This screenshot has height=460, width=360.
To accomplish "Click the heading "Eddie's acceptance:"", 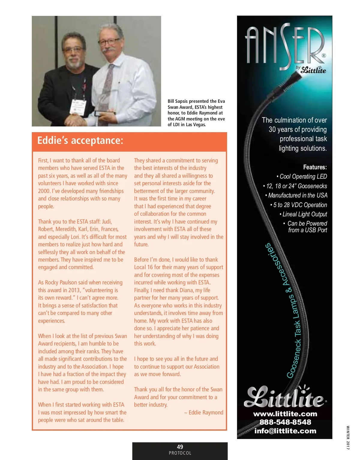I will [80, 141].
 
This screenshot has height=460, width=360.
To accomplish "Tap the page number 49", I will [180, 447].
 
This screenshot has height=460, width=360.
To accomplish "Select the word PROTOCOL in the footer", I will [180, 453].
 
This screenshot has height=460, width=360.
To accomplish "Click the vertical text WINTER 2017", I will [348, 438].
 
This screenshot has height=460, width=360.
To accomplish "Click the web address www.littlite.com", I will [285, 414].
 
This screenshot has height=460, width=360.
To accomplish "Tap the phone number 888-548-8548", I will [285, 422].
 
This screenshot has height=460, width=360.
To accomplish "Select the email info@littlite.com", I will [285, 431].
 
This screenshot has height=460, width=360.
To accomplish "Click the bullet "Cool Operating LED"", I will [302, 177].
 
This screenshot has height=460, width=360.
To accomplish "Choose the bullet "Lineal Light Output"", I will [304, 214].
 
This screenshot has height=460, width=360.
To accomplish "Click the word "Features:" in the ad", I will [315, 167].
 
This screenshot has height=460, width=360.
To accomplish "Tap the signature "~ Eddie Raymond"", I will [204, 413].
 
